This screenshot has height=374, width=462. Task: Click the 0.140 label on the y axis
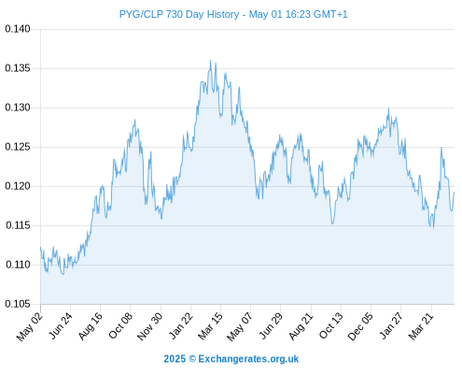tap(18, 29)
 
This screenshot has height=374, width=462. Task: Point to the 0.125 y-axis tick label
tap(18, 147)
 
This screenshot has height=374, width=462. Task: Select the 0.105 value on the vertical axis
tap(18, 304)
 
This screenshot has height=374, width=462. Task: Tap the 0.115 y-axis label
tap(18, 225)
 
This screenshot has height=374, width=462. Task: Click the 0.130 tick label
tap(18, 108)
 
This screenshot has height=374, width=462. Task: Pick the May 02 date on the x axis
tap(30, 326)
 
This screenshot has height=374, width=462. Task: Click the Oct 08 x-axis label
tap(120, 325)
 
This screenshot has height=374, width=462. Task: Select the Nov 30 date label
tap(150, 326)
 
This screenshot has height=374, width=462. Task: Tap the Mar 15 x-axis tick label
tap(211, 326)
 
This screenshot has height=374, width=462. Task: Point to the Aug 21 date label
tap(301, 326)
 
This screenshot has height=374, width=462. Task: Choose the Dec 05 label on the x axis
tap(360, 326)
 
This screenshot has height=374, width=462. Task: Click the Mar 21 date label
tap(421, 326)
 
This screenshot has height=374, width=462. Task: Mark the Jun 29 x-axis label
tap(271, 325)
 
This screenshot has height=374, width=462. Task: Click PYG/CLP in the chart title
tap(141, 14)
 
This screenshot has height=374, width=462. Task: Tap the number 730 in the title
tap(175, 14)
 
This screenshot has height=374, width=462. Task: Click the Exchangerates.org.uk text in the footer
tap(248, 359)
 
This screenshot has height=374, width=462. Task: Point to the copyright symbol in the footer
tap(192, 359)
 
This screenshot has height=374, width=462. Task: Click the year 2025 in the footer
tap(175, 359)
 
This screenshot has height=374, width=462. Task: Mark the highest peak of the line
tap(210, 61)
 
